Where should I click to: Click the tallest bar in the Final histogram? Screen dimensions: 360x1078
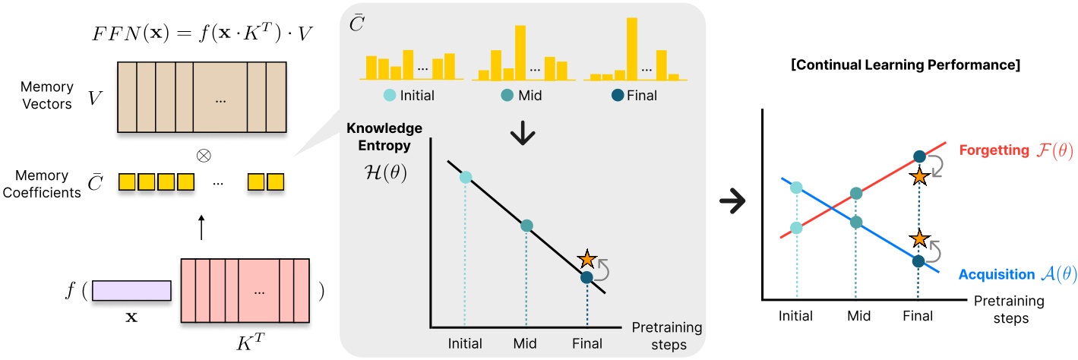point(631,46)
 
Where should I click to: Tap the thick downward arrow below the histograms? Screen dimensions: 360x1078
point(526,137)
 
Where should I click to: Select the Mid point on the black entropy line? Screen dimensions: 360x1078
point(526,226)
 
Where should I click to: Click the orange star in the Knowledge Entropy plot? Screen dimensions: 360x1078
point(587,259)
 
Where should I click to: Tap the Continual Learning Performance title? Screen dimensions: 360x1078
point(906,65)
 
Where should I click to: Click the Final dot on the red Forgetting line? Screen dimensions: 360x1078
point(918,157)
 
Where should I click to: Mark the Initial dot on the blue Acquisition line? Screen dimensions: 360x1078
point(795,187)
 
